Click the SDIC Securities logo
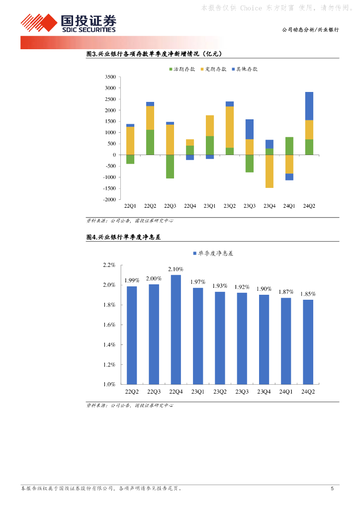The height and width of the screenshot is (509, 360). [x=68, y=23]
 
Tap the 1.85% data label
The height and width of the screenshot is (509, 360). [x=308, y=294]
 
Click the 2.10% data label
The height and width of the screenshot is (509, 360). [x=176, y=269]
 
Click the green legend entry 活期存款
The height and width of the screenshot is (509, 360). [x=183, y=69]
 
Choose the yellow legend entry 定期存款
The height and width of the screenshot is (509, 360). [x=215, y=69]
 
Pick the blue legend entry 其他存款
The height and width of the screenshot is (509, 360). [x=246, y=69]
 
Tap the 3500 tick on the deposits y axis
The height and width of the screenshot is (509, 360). [x=110, y=77]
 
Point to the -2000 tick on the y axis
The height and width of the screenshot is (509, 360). [x=109, y=199]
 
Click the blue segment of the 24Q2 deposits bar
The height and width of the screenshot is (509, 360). [x=309, y=106]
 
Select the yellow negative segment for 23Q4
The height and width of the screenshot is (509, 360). [x=270, y=171]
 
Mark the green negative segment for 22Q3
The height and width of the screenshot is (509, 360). [x=170, y=167]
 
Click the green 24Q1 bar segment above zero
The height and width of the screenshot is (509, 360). [x=289, y=146]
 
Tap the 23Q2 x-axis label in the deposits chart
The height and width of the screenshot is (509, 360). [x=230, y=206]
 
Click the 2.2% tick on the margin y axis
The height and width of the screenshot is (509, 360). [x=109, y=265]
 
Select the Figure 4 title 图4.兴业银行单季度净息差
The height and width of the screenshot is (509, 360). [x=124, y=238]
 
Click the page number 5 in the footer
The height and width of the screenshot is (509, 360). [x=332, y=489]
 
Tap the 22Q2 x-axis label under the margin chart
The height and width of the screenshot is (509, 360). [x=132, y=392]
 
